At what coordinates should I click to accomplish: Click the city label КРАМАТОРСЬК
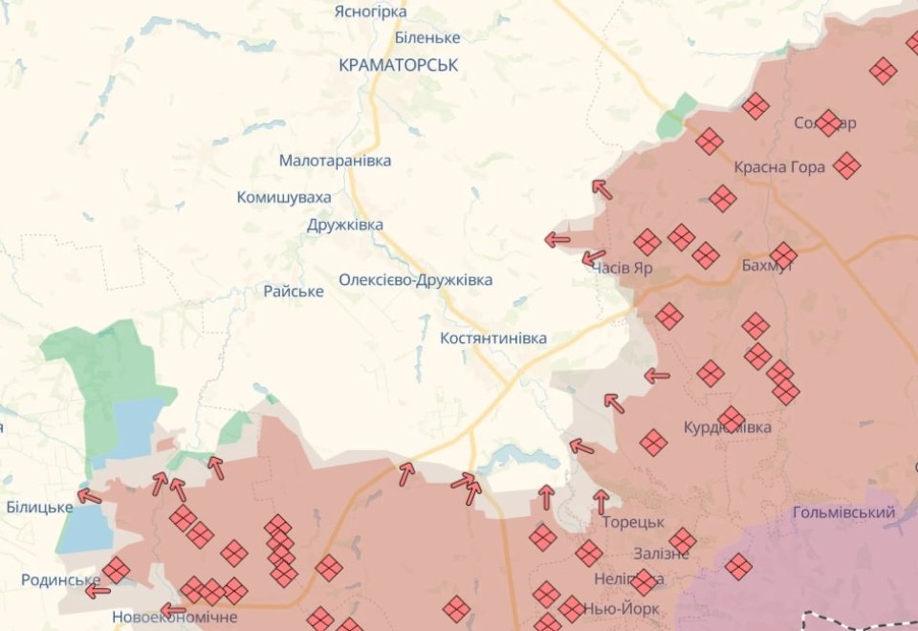click(398, 65)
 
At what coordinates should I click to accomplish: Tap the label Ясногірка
click(370, 11)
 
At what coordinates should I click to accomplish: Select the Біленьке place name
click(427, 37)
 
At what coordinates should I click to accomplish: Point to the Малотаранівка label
click(335, 161)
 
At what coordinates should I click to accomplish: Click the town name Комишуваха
click(284, 197)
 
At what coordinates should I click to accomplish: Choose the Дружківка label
click(345, 225)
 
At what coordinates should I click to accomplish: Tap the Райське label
click(294, 291)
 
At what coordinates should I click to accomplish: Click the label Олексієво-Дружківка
click(415, 280)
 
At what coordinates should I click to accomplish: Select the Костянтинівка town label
click(493, 338)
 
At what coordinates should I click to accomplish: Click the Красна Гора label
click(779, 167)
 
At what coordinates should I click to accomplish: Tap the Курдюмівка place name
click(728, 426)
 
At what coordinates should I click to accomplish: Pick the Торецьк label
click(633, 522)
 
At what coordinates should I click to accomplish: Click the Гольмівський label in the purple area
click(844, 512)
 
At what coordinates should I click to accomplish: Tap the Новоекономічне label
click(174, 617)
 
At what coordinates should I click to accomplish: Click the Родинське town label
click(60, 580)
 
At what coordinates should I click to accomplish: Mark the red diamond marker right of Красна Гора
click(846, 165)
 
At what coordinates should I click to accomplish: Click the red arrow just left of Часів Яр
click(594, 256)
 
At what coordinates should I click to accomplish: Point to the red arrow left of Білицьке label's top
click(89, 495)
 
